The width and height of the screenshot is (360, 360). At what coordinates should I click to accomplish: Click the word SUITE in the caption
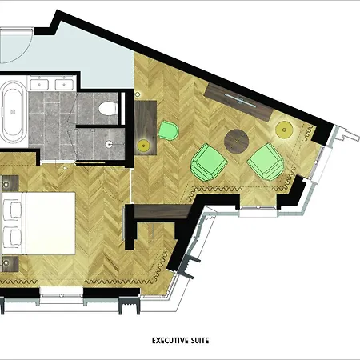point(200,341)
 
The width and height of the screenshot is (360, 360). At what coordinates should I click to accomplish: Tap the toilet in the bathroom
point(108,109)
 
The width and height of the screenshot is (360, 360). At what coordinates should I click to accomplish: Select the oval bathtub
point(13,112)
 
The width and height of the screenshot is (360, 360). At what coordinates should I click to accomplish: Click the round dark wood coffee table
point(237,141)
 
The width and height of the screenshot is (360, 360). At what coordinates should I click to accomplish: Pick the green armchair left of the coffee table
point(209,162)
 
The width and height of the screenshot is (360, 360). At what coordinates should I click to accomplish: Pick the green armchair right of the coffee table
point(266,162)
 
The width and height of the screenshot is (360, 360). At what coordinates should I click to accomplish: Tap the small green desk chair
point(169,130)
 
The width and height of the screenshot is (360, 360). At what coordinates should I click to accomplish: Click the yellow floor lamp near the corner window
point(284,130)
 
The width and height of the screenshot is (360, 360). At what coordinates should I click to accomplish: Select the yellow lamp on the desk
point(143,146)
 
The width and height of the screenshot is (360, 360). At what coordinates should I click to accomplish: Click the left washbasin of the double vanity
point(39,85)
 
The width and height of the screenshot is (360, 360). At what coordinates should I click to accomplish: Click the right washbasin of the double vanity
point(64,85)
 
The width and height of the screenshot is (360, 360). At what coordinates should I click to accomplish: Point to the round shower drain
point(109,144)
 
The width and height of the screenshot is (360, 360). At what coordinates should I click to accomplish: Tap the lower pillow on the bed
point(12,237)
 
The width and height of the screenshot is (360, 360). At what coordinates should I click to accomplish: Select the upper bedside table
point(10,183)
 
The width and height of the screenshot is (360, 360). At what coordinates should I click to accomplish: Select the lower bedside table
point(10,264)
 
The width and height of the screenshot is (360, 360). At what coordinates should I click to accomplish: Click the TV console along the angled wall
point(239,102)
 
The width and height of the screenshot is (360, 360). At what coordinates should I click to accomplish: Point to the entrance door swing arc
point(26,50)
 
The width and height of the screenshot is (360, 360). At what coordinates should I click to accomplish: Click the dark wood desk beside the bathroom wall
point(146,127)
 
